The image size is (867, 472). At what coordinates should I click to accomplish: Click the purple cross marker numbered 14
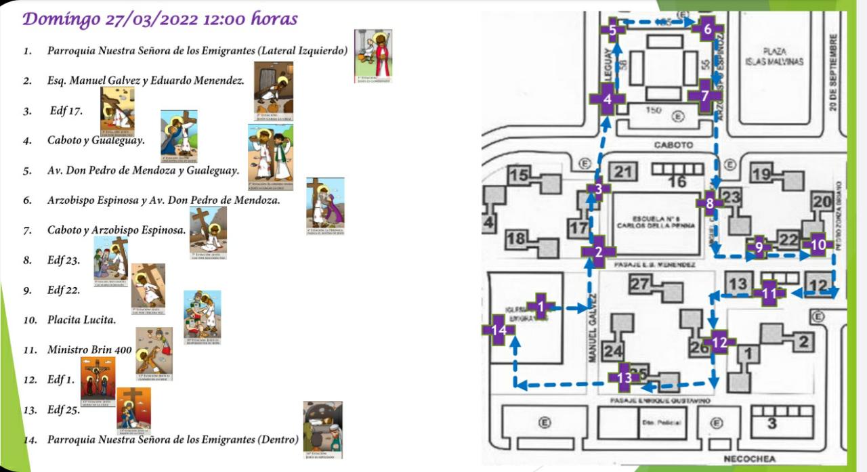click(499, 330)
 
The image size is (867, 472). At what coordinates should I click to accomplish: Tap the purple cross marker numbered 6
click(707, 29)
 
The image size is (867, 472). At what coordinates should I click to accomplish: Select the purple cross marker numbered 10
click(818, 244)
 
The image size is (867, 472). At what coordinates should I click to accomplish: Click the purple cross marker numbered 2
click(598, 252)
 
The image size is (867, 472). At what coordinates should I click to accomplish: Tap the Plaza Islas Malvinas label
click(773, 56)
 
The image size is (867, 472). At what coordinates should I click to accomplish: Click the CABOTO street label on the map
click(673, 144)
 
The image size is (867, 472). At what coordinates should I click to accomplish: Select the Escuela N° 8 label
click(654, 222)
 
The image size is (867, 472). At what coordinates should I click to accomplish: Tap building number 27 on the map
click(640, 284)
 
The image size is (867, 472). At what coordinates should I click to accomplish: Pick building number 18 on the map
click(517, 238)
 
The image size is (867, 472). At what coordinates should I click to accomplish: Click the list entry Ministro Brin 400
click(89, 350)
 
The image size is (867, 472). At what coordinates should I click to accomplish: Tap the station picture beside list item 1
click(373, 56)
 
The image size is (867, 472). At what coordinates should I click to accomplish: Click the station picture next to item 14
click(322, 430)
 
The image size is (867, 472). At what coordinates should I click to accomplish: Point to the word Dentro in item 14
click(278, 439)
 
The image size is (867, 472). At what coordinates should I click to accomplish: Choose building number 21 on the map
click(623, 172)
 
